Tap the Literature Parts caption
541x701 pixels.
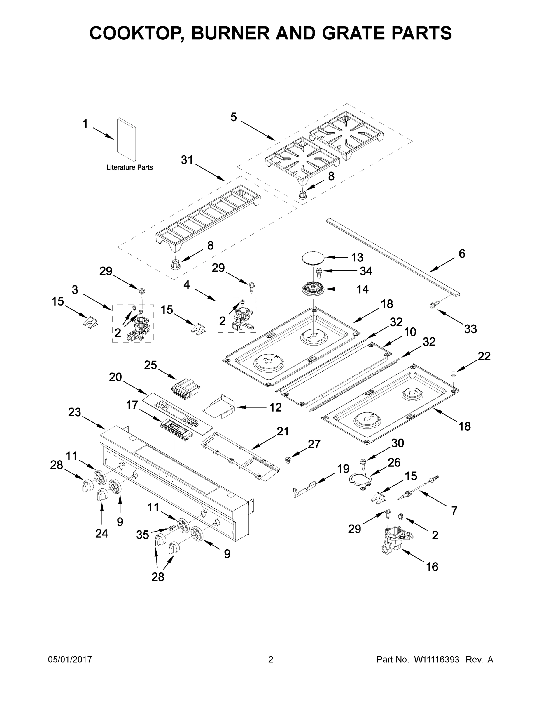129,167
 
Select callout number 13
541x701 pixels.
357,257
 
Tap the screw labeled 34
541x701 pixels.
319,273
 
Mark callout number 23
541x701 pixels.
74,412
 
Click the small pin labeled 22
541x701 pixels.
454,374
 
